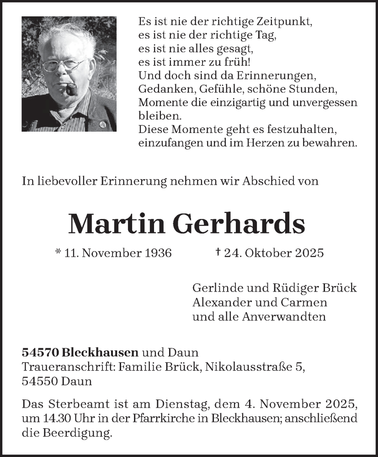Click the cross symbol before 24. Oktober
click(218, 252)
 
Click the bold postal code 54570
click(40, 352)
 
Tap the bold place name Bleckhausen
click(100, 352)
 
